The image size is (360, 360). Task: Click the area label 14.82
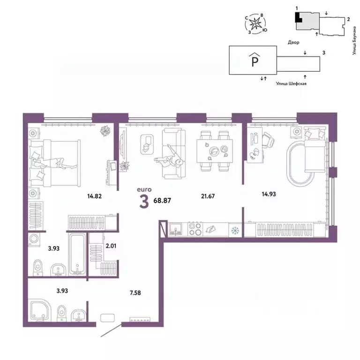coord(94,196)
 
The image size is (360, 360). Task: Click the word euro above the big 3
coord(143,189)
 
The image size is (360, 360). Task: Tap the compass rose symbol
coord(256,24)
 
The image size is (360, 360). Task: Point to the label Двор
coord(294,42)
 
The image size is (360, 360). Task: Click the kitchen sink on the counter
coord(176,229)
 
